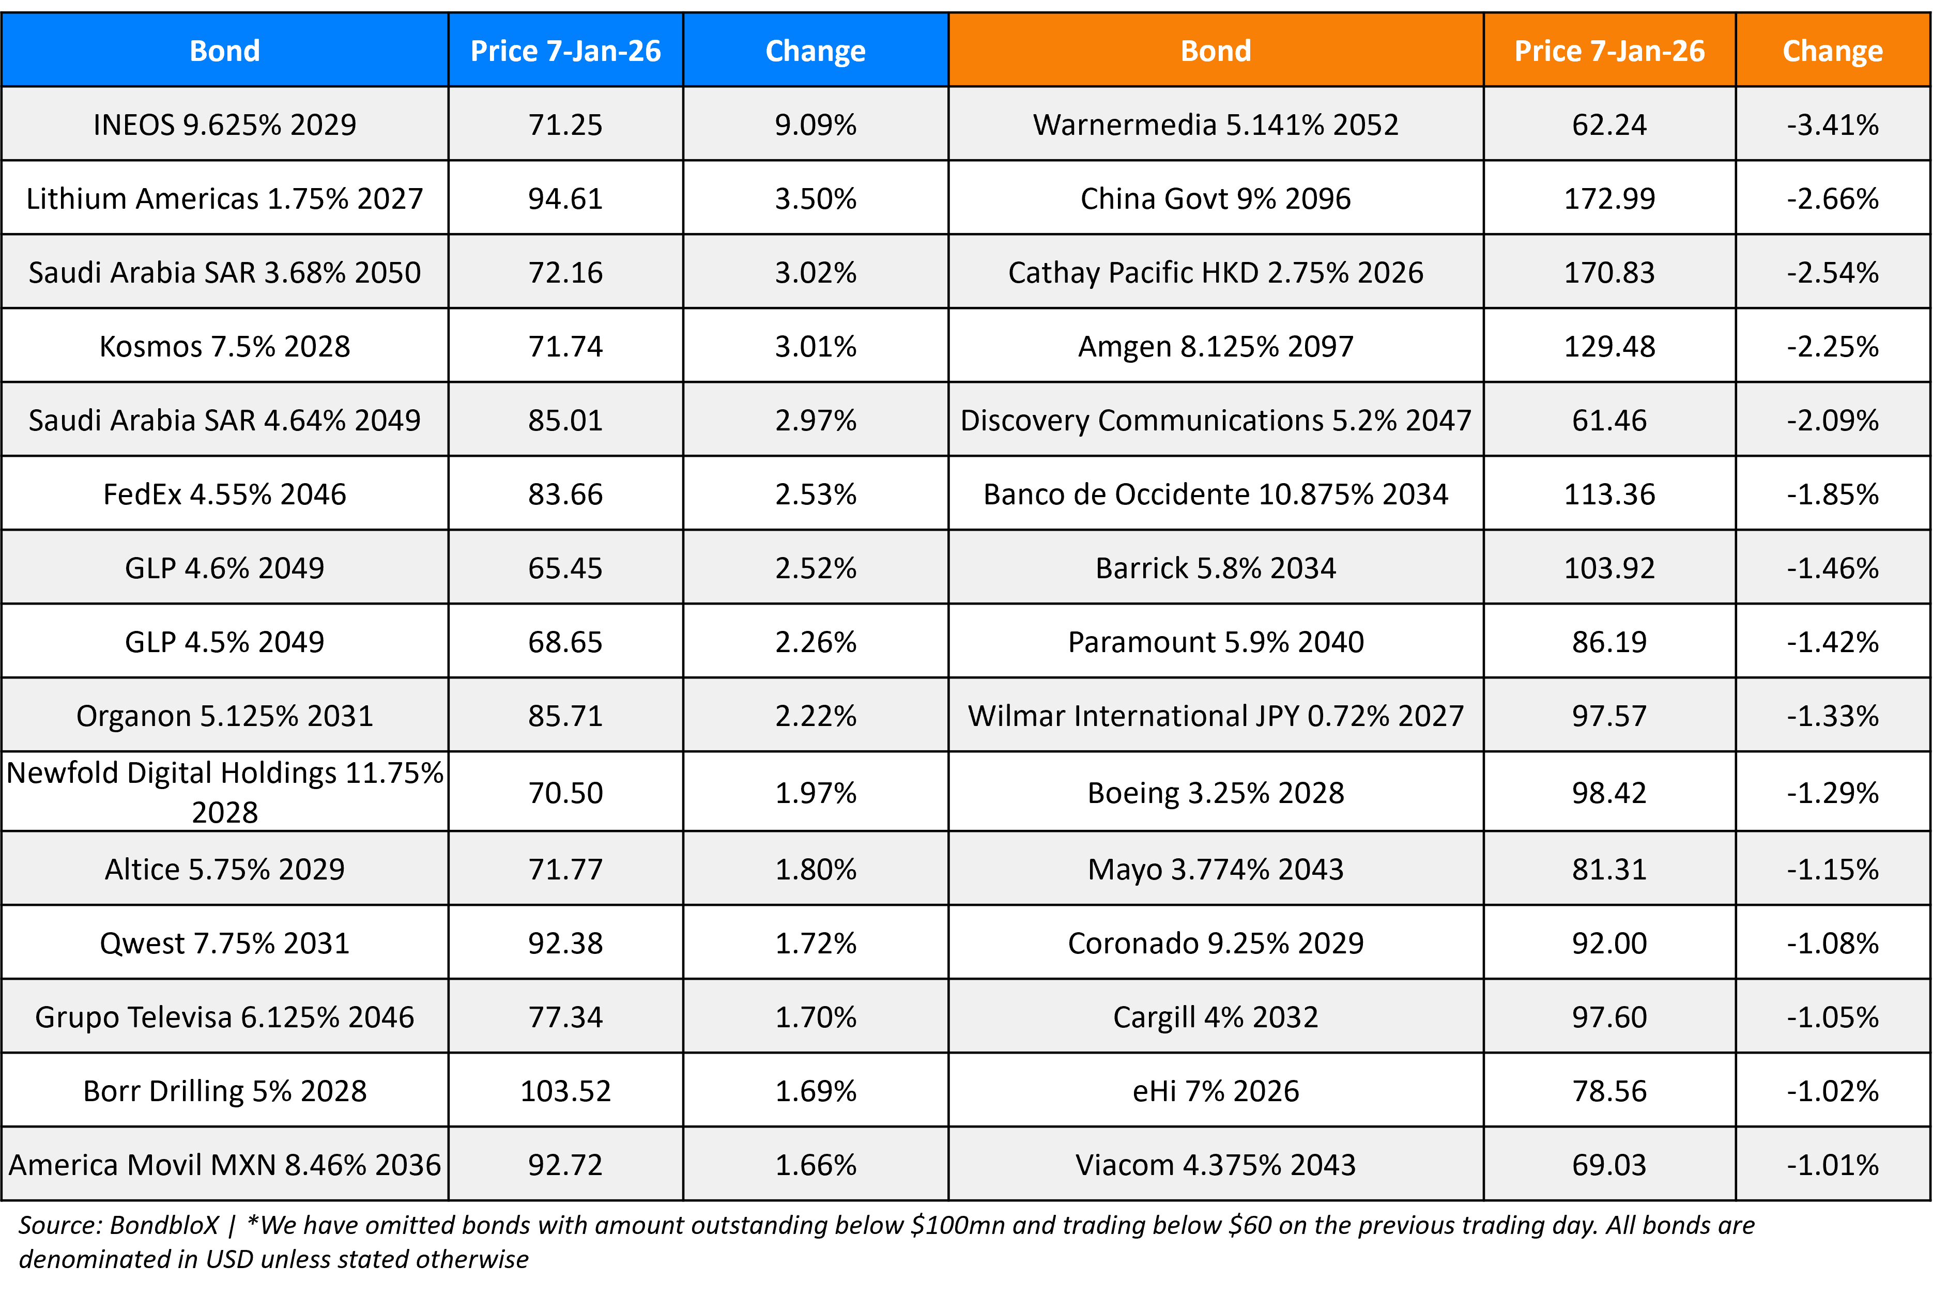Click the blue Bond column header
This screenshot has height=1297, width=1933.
tap(224, 51)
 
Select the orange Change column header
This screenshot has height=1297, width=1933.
tap(1832, 51)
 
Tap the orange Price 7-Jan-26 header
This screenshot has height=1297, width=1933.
tap(1609, 51)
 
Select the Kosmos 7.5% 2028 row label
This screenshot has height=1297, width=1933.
tap(224, 346)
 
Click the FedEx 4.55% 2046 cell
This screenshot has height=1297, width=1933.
tap(224, 494)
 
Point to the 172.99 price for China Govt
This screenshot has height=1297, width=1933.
tap(1609, 198)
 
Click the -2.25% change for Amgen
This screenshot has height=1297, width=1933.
tap(1832, 346)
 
